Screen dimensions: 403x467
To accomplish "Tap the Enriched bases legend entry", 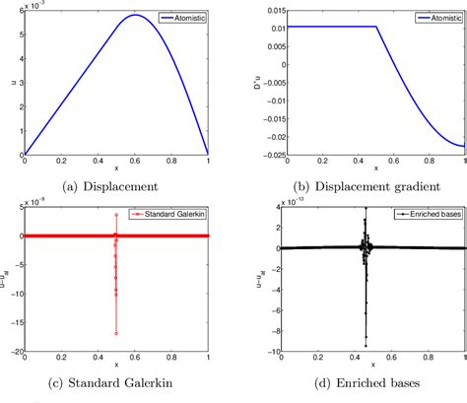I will [417, 211].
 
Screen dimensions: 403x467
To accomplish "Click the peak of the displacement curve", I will [136, 15].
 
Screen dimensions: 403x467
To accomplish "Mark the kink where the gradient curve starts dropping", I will [379, 26].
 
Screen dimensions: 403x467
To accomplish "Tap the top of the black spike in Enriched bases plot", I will [366, 208].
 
